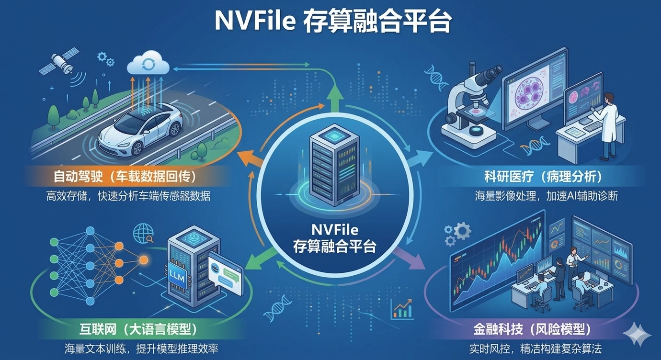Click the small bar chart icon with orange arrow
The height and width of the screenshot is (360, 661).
tap(402, 309)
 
